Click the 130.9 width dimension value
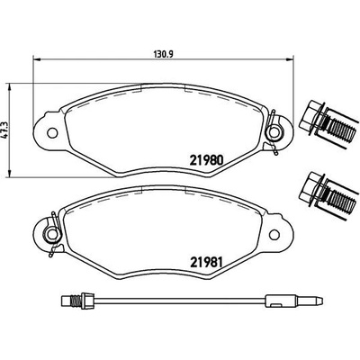click(164, 54)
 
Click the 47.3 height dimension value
click(4, 130)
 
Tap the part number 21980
click(206, 160)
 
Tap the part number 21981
click(206, 263)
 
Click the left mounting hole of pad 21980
click(52, 132)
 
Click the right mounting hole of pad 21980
click(274, 132)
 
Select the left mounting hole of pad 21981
click(52, 234)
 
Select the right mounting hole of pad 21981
click(274, 234)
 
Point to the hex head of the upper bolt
click(310, 117)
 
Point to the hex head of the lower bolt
click(310, 188)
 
